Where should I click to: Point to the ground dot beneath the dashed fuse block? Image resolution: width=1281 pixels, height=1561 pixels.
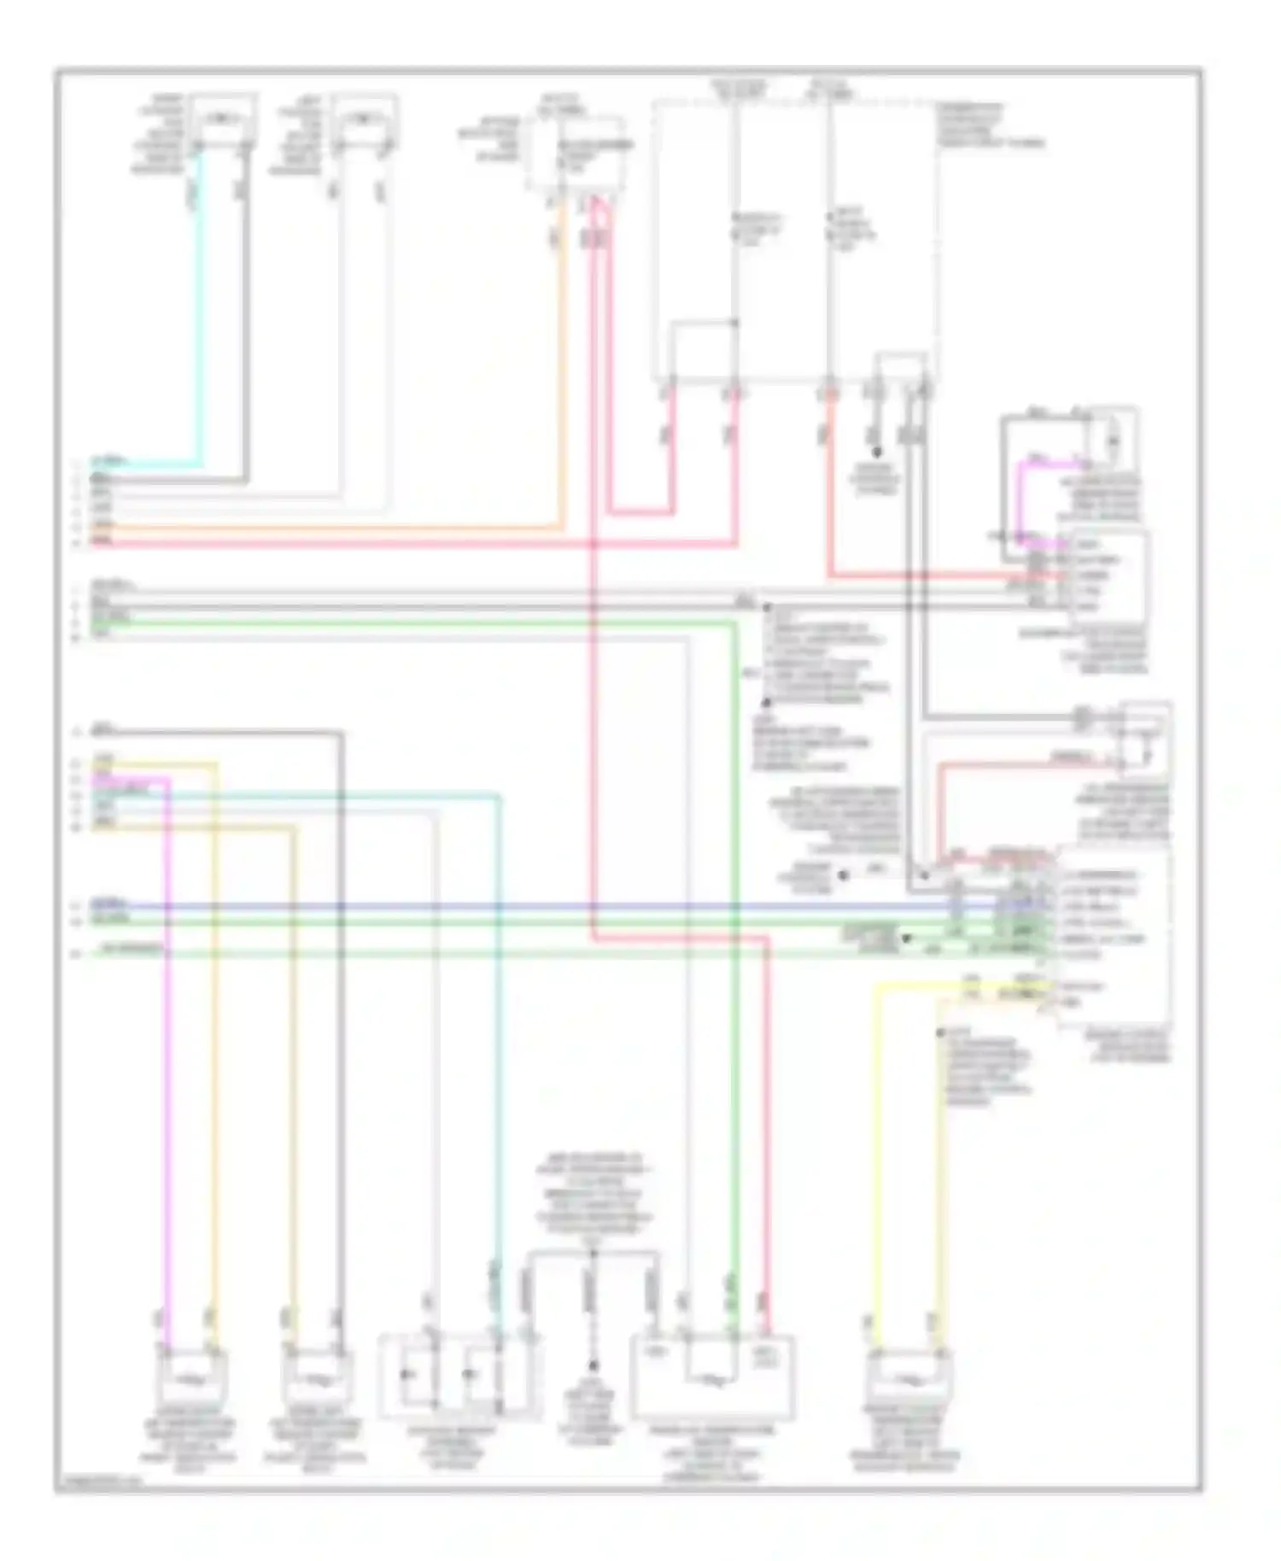pos(876,452)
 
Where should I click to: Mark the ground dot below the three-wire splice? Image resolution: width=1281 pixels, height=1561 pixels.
pos(592,1366)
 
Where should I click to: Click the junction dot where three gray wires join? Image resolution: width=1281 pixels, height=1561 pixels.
pos(592,1254)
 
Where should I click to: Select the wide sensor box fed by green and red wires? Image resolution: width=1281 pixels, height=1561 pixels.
pos(713,1376)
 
